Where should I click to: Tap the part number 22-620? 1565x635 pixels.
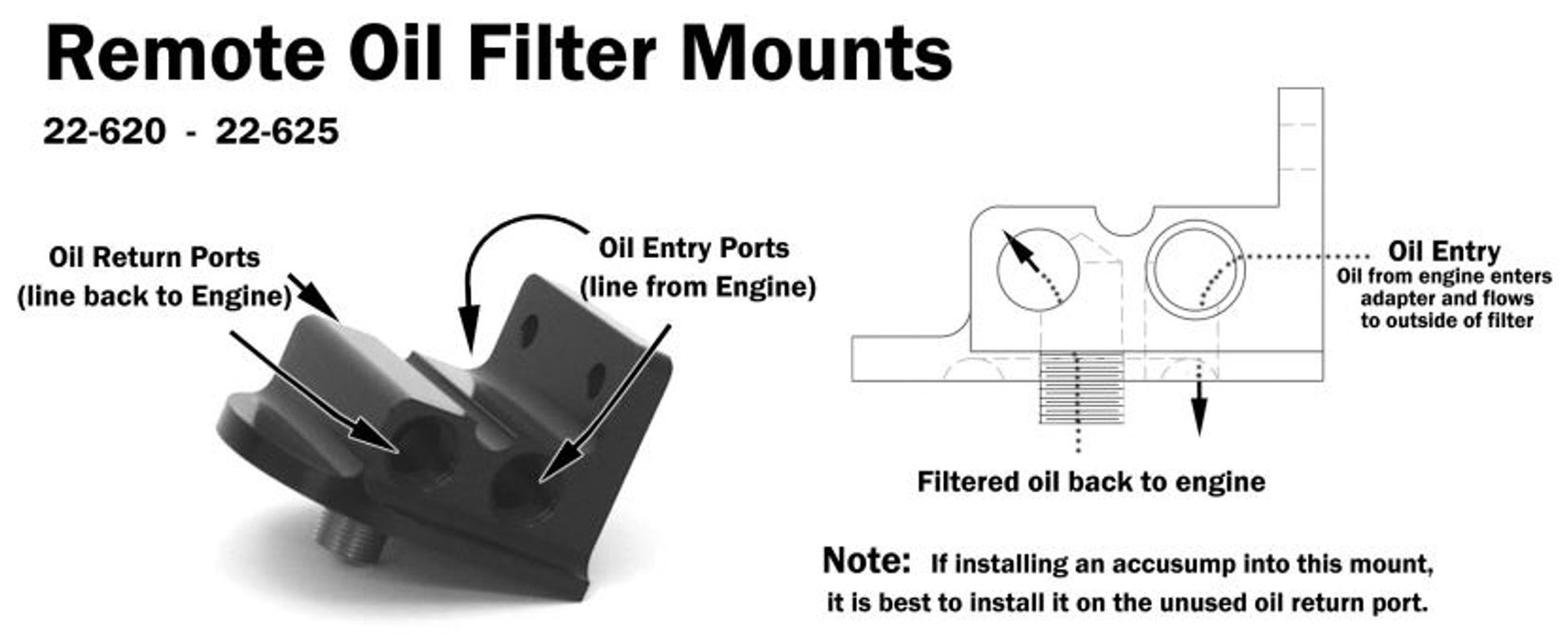(x=105, y=131)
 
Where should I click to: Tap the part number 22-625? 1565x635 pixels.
(x=277, y=131)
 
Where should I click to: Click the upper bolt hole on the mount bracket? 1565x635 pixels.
(x=528, y=330)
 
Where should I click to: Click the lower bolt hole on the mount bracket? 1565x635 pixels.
(x=596, y=379)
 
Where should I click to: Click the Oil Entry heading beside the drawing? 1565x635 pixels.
(x=1444, y=252)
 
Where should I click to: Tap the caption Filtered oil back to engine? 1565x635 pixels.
(x=1091, y=481)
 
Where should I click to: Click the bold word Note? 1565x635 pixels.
(x=865, y=561)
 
